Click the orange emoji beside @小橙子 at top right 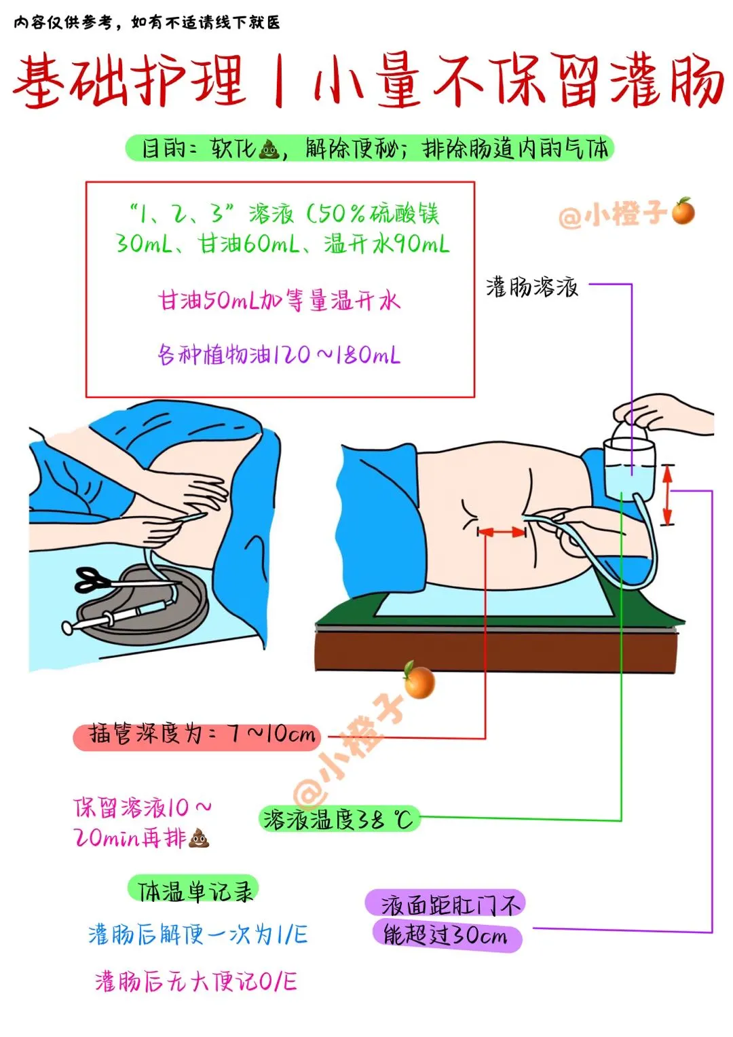[683, 211]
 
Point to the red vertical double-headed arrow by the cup [666, 494]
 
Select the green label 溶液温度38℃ [338, 820]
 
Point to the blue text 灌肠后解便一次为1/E [198, 934]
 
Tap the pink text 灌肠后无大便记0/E [196, 981]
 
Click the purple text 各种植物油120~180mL [279, 355]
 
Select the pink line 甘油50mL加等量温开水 [279, 300]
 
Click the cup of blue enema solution [629, 470]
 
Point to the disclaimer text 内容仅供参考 [63, 22]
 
